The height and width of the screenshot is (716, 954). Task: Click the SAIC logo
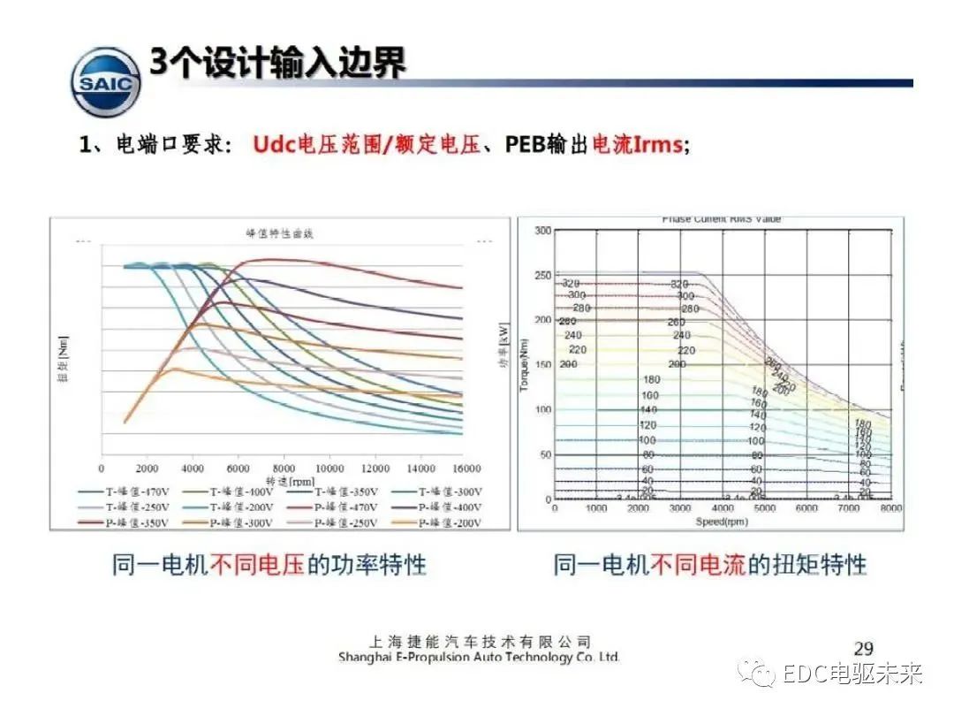point(106,82)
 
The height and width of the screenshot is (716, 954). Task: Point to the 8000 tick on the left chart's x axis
point(284,468)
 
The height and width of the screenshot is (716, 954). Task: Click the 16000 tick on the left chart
point(465,468)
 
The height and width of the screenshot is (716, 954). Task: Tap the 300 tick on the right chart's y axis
point(542,230)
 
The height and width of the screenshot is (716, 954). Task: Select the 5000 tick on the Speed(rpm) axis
point(764,509)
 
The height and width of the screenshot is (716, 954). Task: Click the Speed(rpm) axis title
point(722,521)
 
